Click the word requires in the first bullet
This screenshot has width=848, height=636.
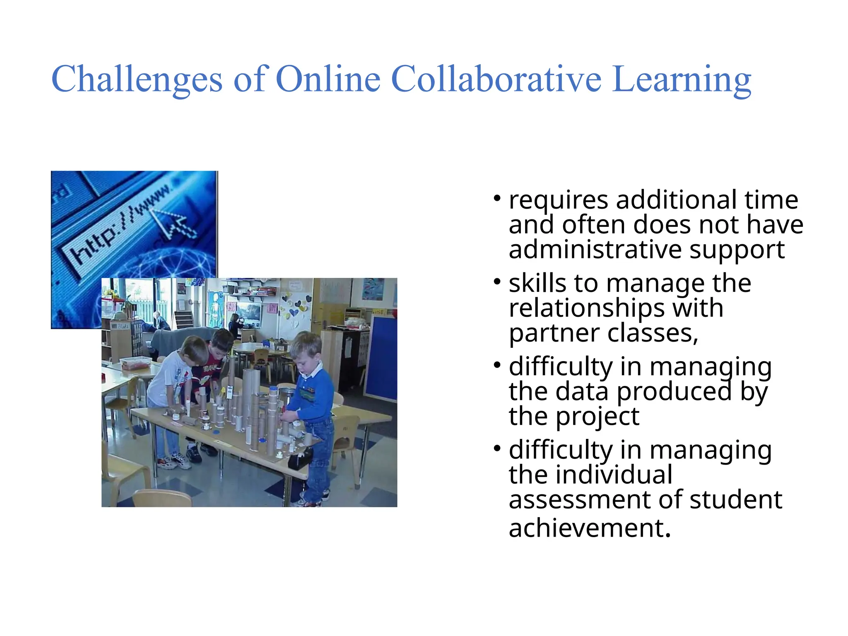click(x=558, y=200)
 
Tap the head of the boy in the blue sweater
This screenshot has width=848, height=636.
click(x=306, y=348)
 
